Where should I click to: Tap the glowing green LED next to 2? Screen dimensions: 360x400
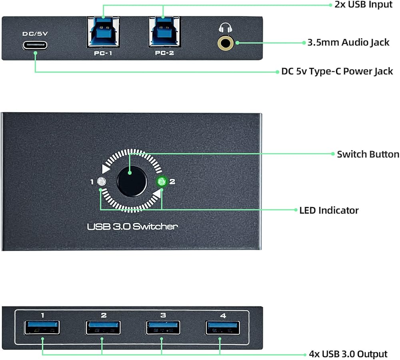(x=162, y=182)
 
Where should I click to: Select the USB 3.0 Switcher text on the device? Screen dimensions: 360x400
(x=132, y=227)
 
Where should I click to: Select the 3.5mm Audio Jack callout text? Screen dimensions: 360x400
(x=348, y=42)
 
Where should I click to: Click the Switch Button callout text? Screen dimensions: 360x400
(x=368, y=154)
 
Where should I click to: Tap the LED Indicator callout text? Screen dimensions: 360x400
(x=329, y=210)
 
